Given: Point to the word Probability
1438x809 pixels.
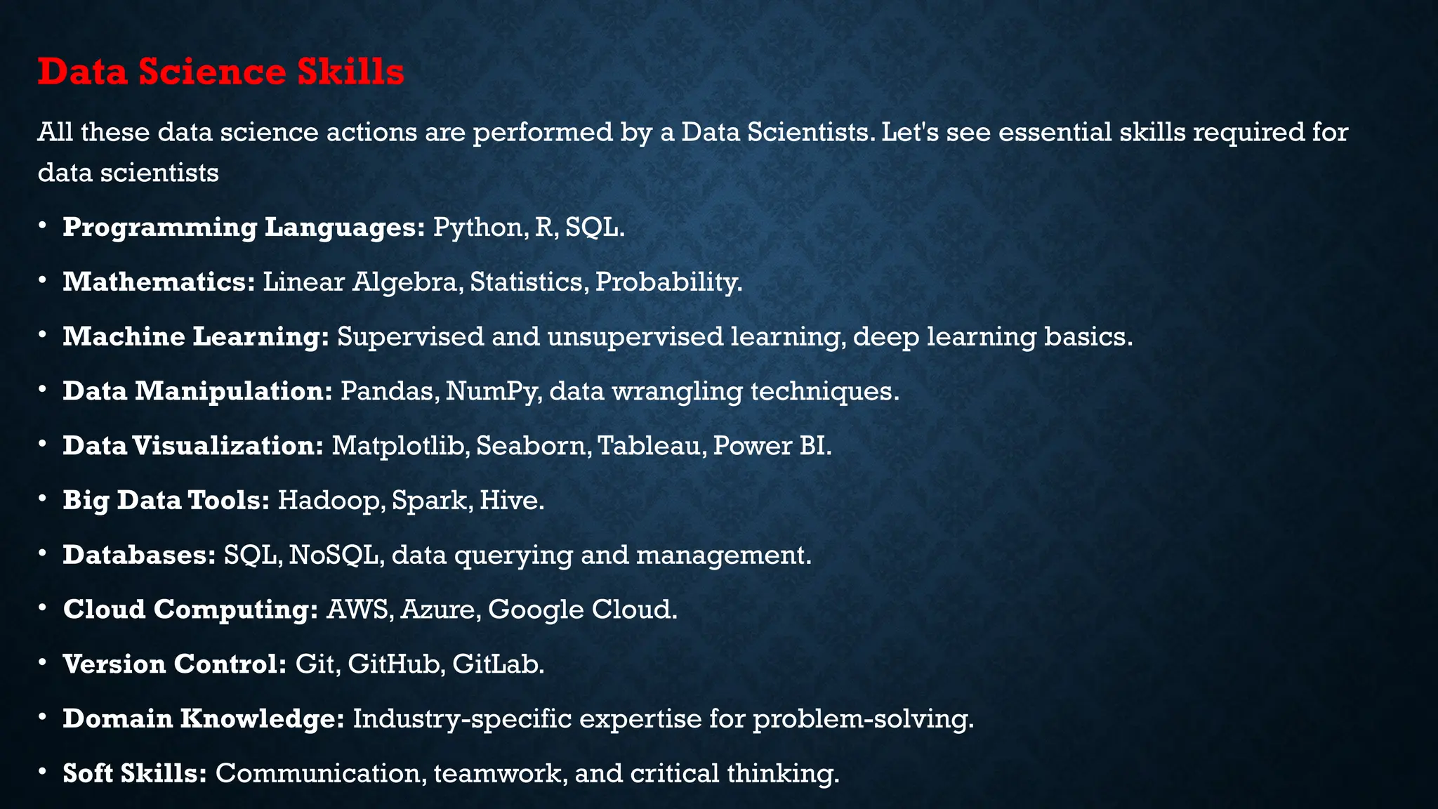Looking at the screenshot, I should click(668, 282).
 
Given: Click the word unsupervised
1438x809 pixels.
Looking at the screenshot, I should click(635, 336).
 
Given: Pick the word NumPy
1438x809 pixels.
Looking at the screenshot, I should click(494, 391).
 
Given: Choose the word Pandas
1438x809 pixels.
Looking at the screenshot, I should click(389, 391).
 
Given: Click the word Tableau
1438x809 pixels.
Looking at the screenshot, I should click(652, 445).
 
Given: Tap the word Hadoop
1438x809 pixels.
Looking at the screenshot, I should click(331, 500).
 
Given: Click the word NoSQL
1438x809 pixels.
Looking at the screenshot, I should click(336, 555).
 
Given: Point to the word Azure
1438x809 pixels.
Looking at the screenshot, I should click(440, 609).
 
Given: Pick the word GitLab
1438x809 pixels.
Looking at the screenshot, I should click(498, 664).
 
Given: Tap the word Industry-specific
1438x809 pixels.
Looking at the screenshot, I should click(462, 718).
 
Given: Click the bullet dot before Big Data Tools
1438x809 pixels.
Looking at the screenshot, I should click(44, 499).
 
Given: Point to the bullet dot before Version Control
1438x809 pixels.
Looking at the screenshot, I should click(44, 663).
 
